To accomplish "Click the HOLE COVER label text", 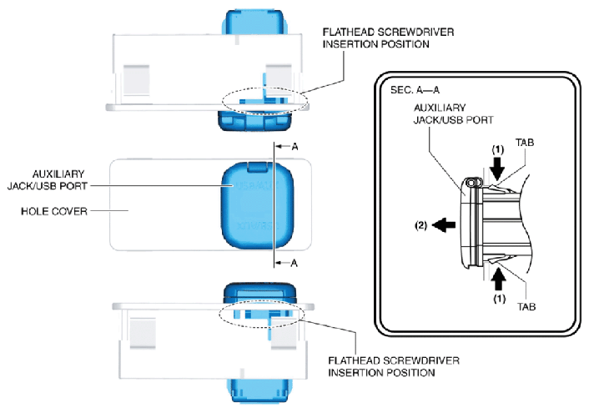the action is point(54,211).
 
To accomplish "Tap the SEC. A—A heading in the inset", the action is point(415,90).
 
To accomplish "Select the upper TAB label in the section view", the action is point(525,143).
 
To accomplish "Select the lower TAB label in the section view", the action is point(526,307).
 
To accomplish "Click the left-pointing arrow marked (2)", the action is point(444,225).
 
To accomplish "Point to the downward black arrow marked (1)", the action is point(497,169).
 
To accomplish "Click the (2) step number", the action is point(420,225).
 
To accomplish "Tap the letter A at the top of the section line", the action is point(294,147).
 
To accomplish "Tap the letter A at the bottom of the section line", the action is point(294,263).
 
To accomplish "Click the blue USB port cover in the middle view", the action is point(258,205).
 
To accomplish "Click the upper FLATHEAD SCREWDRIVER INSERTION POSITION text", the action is point(388,38).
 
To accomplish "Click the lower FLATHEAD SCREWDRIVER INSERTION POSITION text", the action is point(394,367).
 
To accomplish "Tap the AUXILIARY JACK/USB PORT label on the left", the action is point(48,180).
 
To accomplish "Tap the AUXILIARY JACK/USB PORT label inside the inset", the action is point(453,113).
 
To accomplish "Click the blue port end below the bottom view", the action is point(260,391).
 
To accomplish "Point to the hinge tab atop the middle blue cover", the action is point(258,167).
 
